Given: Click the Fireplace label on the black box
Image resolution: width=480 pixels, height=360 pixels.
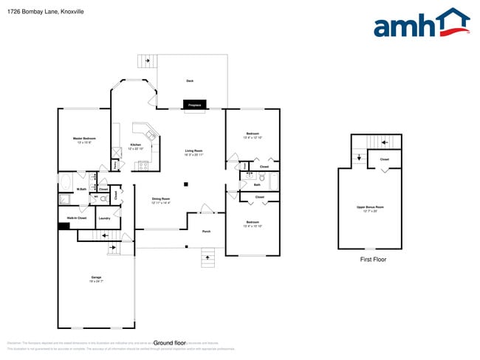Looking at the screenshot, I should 195,105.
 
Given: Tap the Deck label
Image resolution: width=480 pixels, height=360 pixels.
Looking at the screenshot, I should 190,80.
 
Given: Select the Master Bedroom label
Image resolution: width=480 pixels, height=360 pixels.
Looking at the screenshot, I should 84,139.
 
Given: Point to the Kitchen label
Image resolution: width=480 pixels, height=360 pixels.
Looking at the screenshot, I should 136,145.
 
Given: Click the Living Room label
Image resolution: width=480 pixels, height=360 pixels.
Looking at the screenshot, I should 193,153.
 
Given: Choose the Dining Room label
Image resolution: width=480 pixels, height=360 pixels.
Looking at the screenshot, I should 161,200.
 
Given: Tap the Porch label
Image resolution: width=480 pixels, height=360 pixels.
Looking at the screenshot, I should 207,232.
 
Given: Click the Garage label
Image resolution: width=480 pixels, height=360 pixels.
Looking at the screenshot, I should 96,279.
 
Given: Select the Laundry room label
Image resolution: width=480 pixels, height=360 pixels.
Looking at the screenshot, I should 104,218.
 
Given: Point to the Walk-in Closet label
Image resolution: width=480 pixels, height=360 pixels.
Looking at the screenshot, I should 77,218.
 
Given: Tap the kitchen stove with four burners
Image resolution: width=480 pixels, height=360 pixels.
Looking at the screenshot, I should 143,165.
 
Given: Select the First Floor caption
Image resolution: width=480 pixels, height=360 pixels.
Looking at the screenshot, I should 372,260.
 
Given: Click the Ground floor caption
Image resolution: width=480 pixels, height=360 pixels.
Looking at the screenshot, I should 168,343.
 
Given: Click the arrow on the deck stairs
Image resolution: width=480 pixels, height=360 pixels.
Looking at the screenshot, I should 147,60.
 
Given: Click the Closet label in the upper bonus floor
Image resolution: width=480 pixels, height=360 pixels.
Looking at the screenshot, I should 385,159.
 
